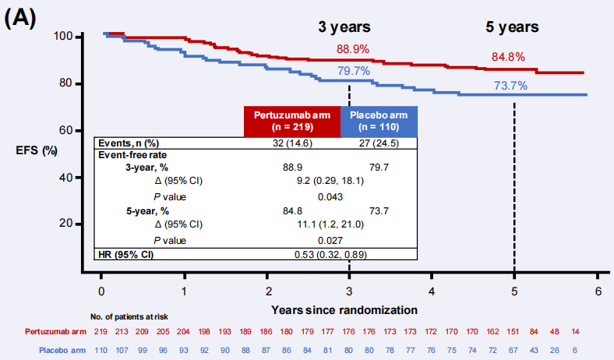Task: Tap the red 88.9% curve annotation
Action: [353, 49]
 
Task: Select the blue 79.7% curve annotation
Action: [354, 72]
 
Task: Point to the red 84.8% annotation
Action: [508, 57]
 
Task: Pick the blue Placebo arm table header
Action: [378, 121]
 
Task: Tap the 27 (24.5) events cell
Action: [379, 143]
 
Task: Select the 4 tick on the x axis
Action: [432, 291]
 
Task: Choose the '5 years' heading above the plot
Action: [513, 26]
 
